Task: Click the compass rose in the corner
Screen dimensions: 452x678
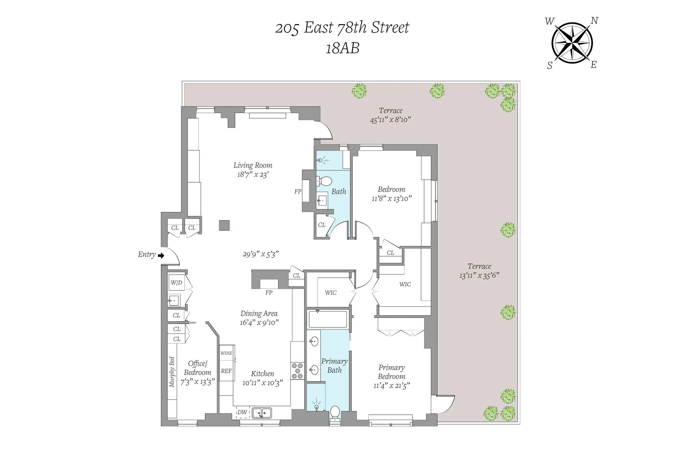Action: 572,43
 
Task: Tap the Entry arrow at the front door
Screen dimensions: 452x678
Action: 161,256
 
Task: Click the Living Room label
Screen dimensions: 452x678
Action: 253,165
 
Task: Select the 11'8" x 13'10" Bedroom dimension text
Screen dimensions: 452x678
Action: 391,199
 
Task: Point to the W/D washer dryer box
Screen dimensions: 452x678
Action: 176,282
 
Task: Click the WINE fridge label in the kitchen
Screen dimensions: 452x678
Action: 226,353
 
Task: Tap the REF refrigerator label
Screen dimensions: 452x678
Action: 226,371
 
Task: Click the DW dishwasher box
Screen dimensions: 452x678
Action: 243,412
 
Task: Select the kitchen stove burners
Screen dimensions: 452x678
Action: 298,371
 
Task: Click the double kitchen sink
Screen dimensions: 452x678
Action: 262,413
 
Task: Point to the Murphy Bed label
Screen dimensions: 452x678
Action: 172,372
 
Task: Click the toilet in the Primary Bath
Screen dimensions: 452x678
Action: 334,413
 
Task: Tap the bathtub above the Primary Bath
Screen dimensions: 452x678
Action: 328,319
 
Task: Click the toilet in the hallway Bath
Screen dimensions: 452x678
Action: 323,181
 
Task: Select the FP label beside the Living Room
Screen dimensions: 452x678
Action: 298,192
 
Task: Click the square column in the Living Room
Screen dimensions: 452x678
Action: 224,225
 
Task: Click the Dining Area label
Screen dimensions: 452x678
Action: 259,314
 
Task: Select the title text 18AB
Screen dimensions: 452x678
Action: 342,48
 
